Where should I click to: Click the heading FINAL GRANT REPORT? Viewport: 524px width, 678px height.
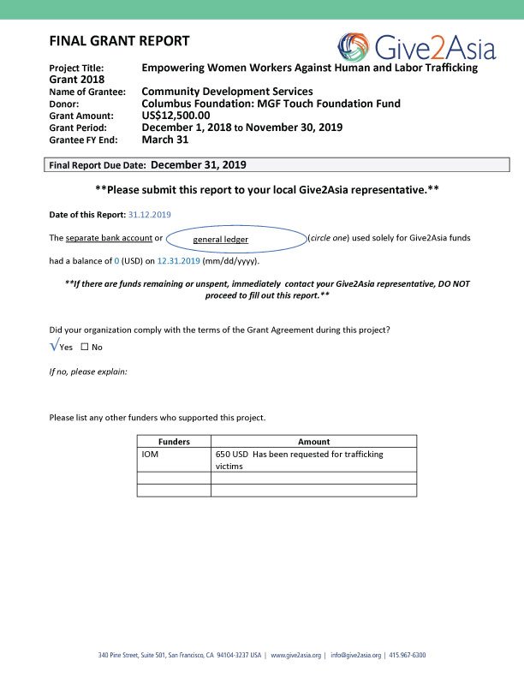point(120,41)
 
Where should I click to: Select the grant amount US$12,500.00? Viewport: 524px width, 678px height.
point(176,116)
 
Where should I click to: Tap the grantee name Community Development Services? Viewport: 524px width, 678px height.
point(227,92)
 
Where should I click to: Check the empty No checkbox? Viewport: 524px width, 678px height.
point(85,347)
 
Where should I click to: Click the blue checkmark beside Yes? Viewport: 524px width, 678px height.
point(54,345)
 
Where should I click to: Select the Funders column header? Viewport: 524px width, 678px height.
point(175,442)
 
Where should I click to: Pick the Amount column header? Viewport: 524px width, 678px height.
point(313,442)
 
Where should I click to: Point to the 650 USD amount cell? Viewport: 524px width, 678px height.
point(300,460)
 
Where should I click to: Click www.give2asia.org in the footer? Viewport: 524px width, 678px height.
point(295,656)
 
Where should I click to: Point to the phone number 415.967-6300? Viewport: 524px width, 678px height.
point(407,656)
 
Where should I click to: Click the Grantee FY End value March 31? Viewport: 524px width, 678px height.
point(164,140)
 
